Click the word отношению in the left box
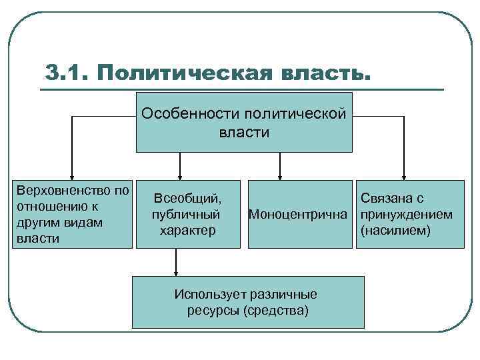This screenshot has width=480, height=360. [49, 206]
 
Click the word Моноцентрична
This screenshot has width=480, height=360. [298, 215]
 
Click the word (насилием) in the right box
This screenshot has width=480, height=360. [395, 231]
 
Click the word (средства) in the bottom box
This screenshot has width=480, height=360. [276, 311]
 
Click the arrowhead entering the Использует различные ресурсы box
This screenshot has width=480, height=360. [176, 271]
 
